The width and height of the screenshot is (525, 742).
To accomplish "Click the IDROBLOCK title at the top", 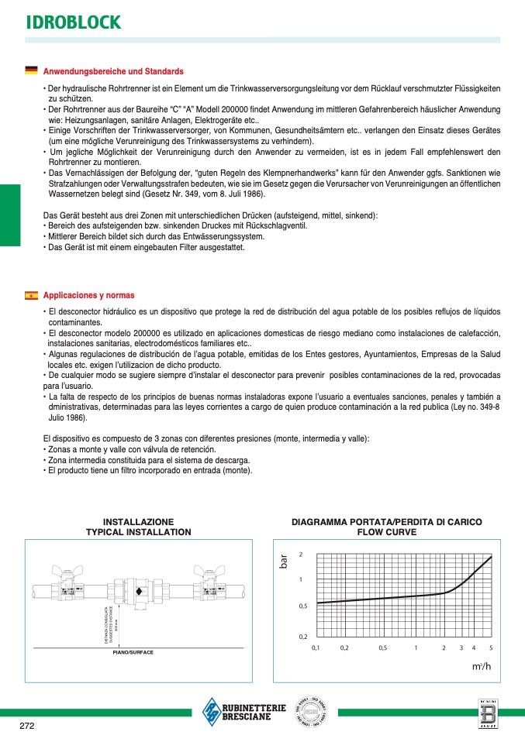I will [x=74, y=22].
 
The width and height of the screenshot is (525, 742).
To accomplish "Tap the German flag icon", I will [x=31, y=70].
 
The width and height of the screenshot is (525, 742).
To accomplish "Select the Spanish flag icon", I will [x=31, y=295].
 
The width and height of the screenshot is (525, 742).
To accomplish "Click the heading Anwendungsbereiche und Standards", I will [x=113, y=71].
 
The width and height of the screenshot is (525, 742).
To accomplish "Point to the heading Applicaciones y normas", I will [x=88, y=295].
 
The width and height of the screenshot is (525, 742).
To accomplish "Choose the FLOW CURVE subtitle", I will [x=386, y=532].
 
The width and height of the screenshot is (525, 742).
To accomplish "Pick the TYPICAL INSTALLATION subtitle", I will [x=138, y=532].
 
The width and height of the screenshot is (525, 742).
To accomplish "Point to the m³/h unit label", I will [x=482, y=666].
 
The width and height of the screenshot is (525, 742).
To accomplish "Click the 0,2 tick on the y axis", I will [x=303, y=636].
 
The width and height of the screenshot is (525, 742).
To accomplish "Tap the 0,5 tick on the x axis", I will [x=382, y=648].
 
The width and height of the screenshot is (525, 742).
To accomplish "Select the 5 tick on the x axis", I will [x=491, y=648].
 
